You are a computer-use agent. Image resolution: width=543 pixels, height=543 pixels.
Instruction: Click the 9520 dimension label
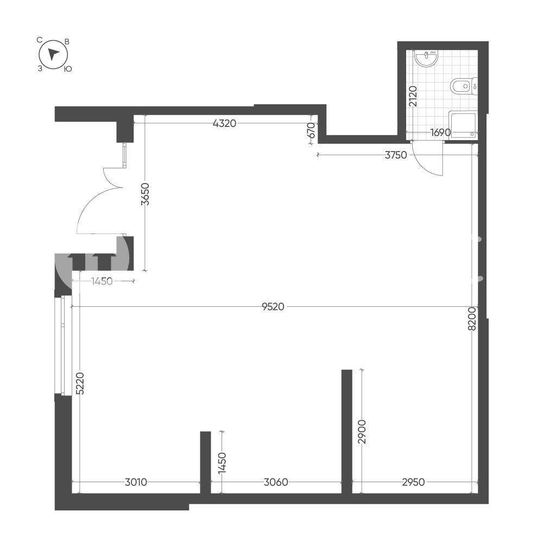point(273,307)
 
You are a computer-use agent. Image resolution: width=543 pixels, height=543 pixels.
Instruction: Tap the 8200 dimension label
point(472,319)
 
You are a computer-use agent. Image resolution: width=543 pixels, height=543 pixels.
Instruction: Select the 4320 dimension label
point(224,123)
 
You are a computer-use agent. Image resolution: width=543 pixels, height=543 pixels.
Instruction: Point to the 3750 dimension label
point(396,155)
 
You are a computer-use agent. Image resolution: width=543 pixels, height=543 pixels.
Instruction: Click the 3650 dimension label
point(146,194)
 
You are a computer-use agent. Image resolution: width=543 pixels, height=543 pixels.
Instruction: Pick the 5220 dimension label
point(80,383)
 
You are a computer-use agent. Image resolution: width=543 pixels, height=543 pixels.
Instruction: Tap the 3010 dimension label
point(136,482)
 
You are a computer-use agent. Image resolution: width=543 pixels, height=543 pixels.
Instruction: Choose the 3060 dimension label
point(276,482)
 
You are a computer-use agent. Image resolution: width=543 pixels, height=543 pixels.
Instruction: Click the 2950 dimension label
point(413,482)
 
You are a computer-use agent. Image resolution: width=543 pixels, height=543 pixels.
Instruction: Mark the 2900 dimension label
point(362,432)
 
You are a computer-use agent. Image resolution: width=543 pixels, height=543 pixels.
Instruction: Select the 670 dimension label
point(311,130)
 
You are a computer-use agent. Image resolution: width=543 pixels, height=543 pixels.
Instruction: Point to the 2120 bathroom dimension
point(413,96)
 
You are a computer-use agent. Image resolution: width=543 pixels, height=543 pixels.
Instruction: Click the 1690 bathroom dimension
point(440,132)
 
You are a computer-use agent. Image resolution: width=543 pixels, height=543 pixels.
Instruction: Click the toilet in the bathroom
point(464,86)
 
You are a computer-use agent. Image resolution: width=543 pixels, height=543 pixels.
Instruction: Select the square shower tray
point(463,125)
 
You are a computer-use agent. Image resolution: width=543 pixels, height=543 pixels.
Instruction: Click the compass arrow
point(53,54)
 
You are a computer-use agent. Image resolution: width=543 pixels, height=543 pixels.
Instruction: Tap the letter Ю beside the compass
point(68,69)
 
